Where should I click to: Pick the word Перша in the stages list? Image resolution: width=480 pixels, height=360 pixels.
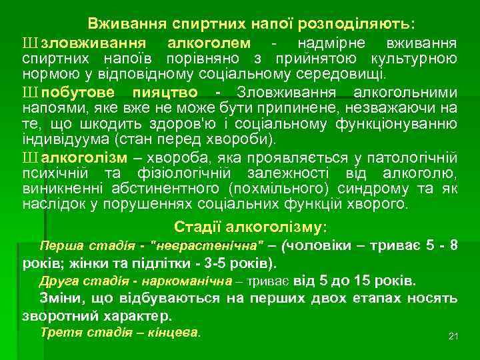pos(58,245)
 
